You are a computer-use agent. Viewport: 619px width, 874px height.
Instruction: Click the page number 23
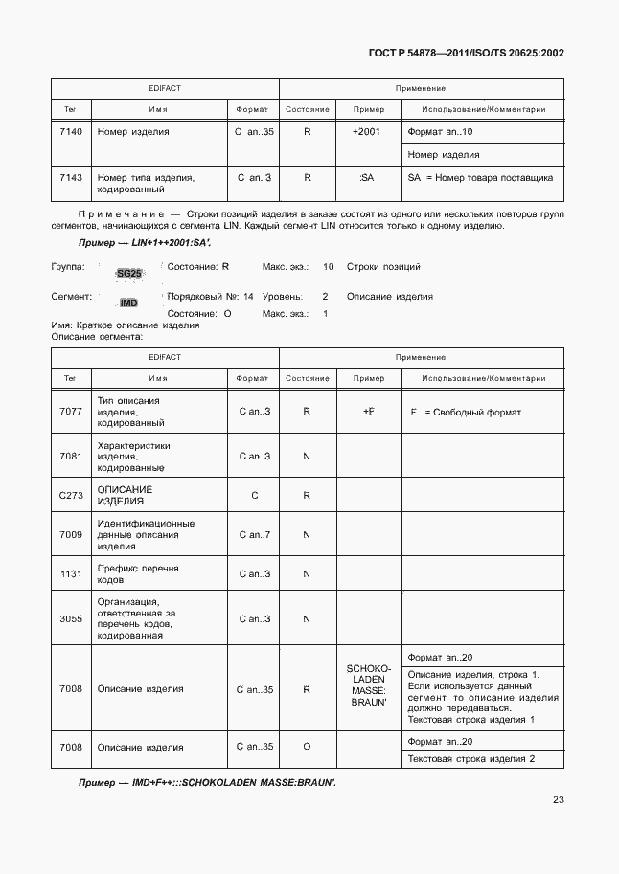(x=558, y=801)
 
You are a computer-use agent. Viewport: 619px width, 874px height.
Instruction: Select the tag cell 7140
(x=70, y=131)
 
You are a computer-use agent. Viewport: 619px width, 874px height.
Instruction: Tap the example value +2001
(x=366, y=131)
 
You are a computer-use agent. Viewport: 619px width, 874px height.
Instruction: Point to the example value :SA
(x=366, y=177)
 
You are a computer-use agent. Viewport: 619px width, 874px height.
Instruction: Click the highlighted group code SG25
(x=128, y=274)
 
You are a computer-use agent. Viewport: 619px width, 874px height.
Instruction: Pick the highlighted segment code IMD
(x=128, y=303)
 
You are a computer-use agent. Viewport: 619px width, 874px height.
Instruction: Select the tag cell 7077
(x=70, y=412)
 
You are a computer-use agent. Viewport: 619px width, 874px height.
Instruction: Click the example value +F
(x=367, y=412)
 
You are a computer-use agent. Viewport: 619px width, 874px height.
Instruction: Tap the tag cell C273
(x=70, y=495)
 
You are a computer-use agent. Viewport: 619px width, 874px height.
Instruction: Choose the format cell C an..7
(x=254, y=534)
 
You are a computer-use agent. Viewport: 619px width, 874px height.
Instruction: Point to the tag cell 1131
(x=70, y=573)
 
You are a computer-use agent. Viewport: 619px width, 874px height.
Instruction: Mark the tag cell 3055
(x=70, y=618)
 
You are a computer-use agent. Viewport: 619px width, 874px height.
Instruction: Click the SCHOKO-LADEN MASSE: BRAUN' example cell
(x=367, y=687)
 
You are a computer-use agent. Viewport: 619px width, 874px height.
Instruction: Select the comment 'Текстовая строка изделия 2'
(x=471, y=759)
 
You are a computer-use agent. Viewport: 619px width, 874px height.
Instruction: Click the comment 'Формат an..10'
(x=441, y=131)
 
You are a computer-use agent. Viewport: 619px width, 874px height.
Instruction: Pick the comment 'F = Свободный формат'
(x=465, y=412)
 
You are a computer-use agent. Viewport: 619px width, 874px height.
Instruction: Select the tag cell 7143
(x=70, y=177)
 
